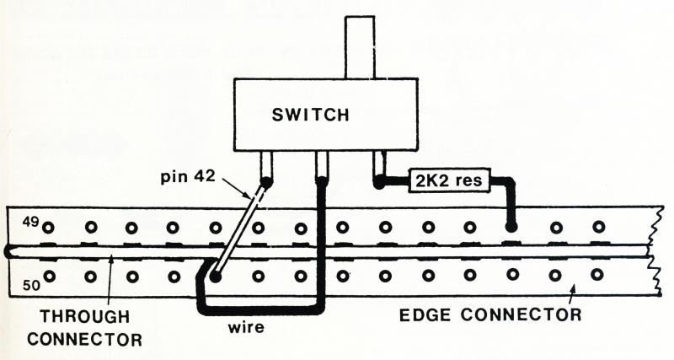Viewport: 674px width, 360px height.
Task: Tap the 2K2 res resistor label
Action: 444,180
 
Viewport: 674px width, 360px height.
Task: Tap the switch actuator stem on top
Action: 361,47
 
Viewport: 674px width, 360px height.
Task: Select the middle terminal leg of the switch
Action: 321,165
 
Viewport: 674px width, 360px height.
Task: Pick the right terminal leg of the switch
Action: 379,165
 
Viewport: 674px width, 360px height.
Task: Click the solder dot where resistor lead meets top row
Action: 510,226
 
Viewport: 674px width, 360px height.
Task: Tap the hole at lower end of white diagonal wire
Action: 215,276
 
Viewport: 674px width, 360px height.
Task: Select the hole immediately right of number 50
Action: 50,275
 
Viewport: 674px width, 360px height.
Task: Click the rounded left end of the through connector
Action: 6,250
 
